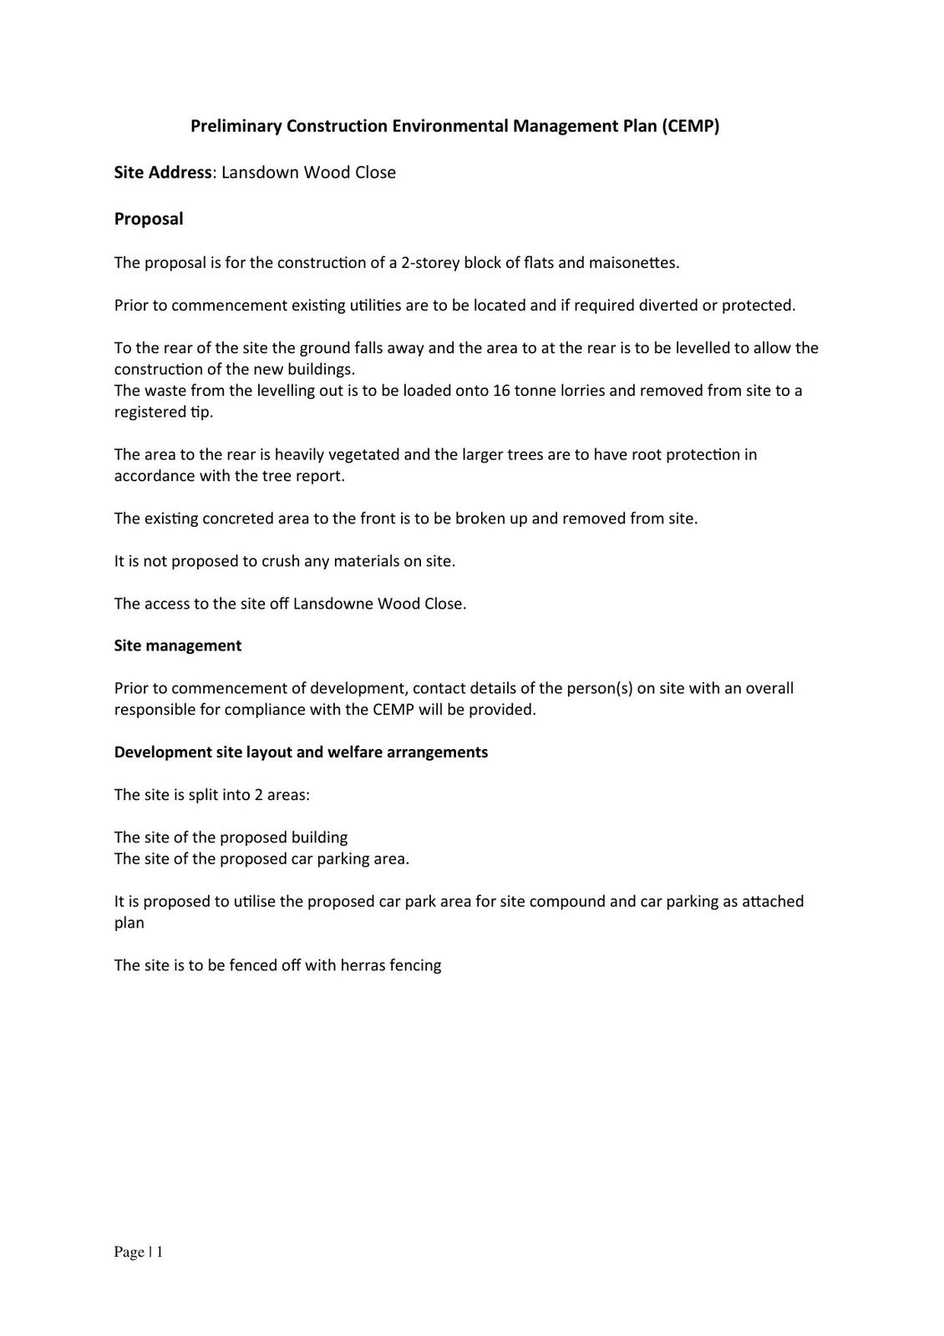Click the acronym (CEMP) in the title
pos(690,126)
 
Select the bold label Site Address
pos(163,173)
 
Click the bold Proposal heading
pos(149,219)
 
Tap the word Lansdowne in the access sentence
pos(333,604)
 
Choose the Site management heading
pos(178,646)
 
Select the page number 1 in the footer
pos(159,1252)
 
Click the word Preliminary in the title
pos(236,126)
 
